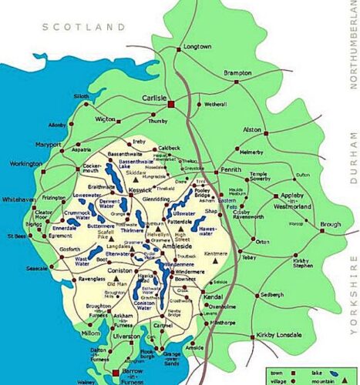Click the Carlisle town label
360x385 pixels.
154,99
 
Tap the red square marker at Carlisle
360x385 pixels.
173,102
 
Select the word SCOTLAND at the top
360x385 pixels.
84,26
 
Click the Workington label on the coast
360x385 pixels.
25,164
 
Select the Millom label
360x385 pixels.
91,333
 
